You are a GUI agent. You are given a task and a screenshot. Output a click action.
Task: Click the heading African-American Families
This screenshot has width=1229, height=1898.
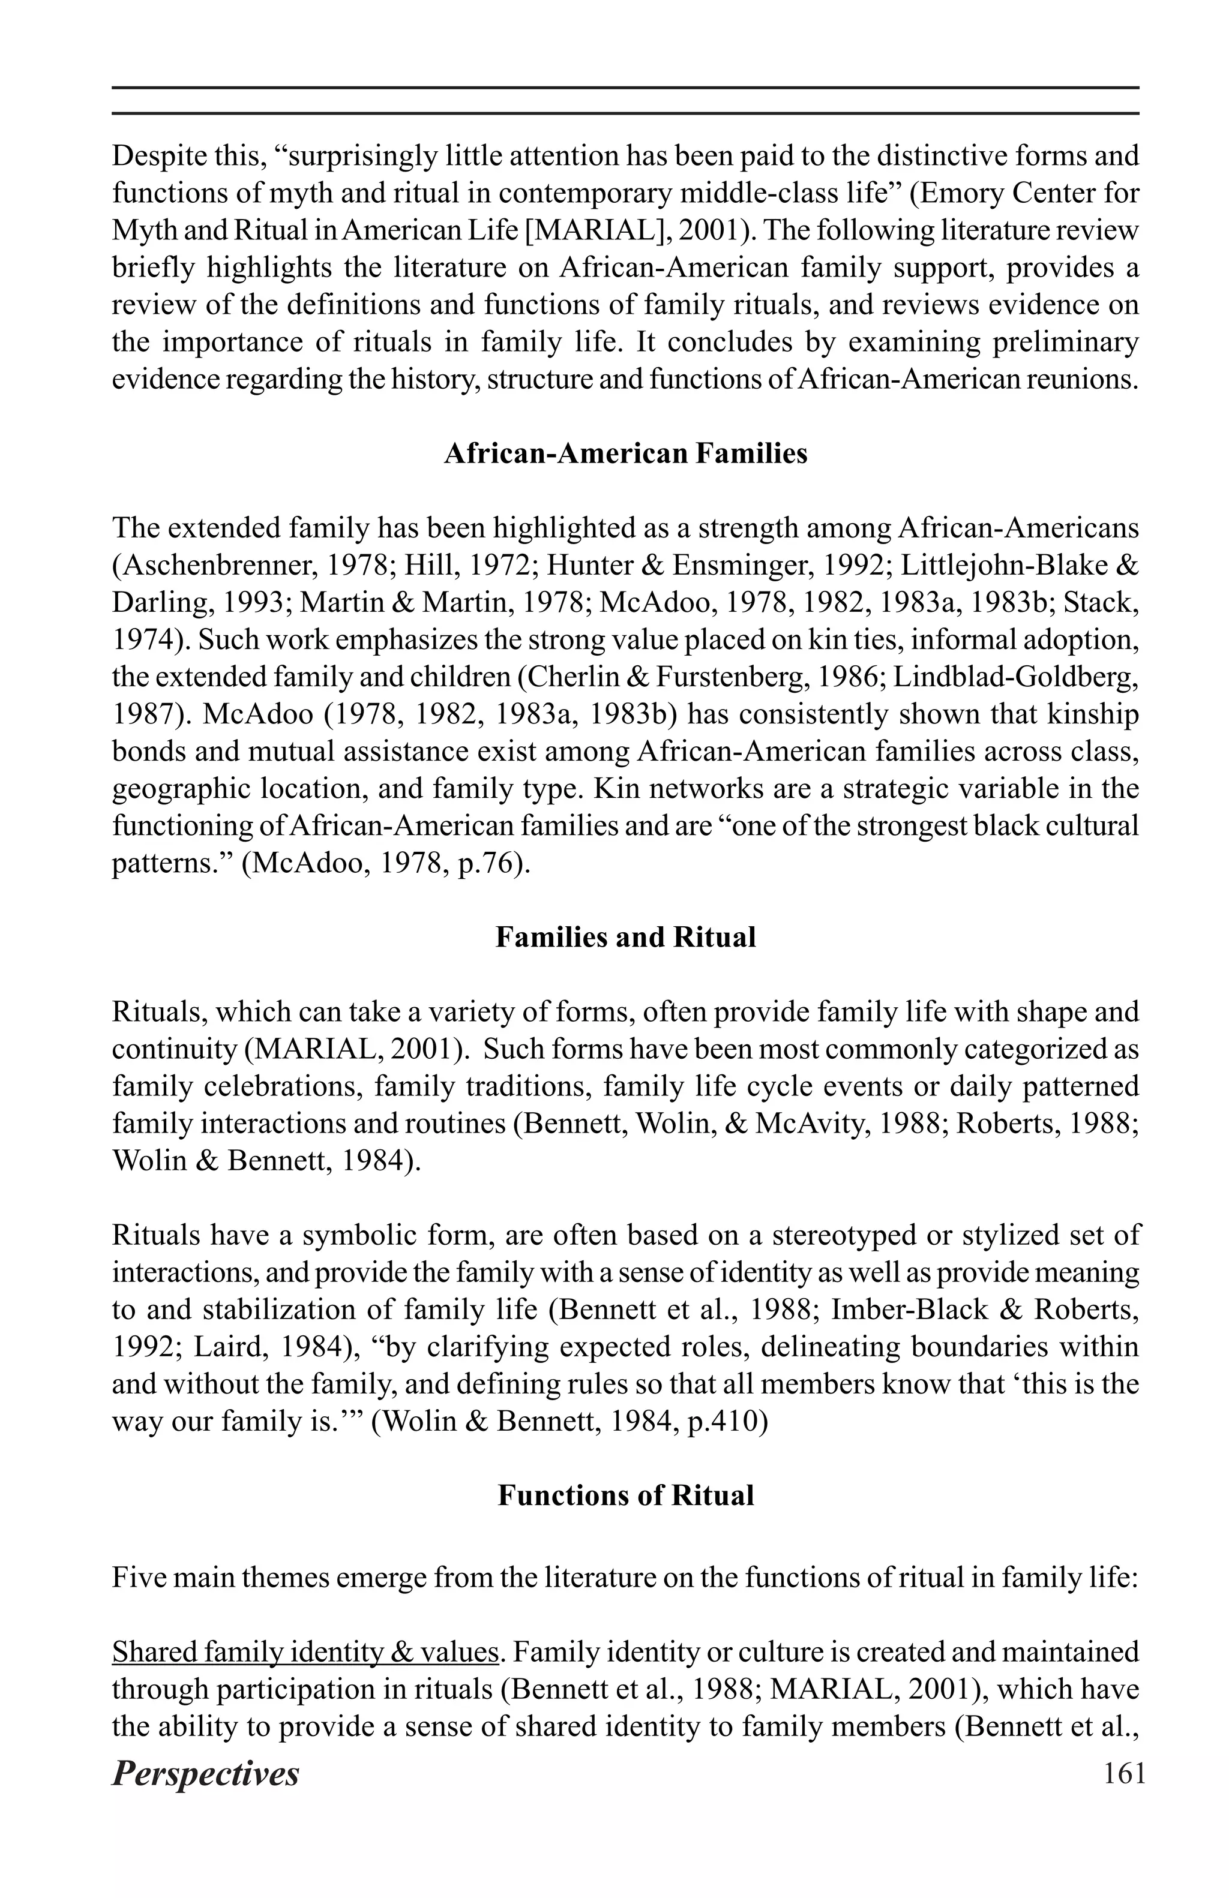coord(625,454)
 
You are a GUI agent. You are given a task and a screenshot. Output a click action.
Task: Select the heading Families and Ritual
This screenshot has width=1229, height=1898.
coord(625,936)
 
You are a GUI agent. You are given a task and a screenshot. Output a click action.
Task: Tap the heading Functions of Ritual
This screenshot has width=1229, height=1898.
coord(625,1494)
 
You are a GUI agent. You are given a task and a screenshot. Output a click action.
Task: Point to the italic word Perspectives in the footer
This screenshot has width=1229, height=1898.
coord(205,1774)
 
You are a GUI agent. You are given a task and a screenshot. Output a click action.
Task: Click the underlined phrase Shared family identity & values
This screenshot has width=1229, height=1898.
coord(305,1651)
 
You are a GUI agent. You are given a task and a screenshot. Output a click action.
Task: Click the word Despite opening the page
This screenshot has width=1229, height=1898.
coord(158,157)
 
